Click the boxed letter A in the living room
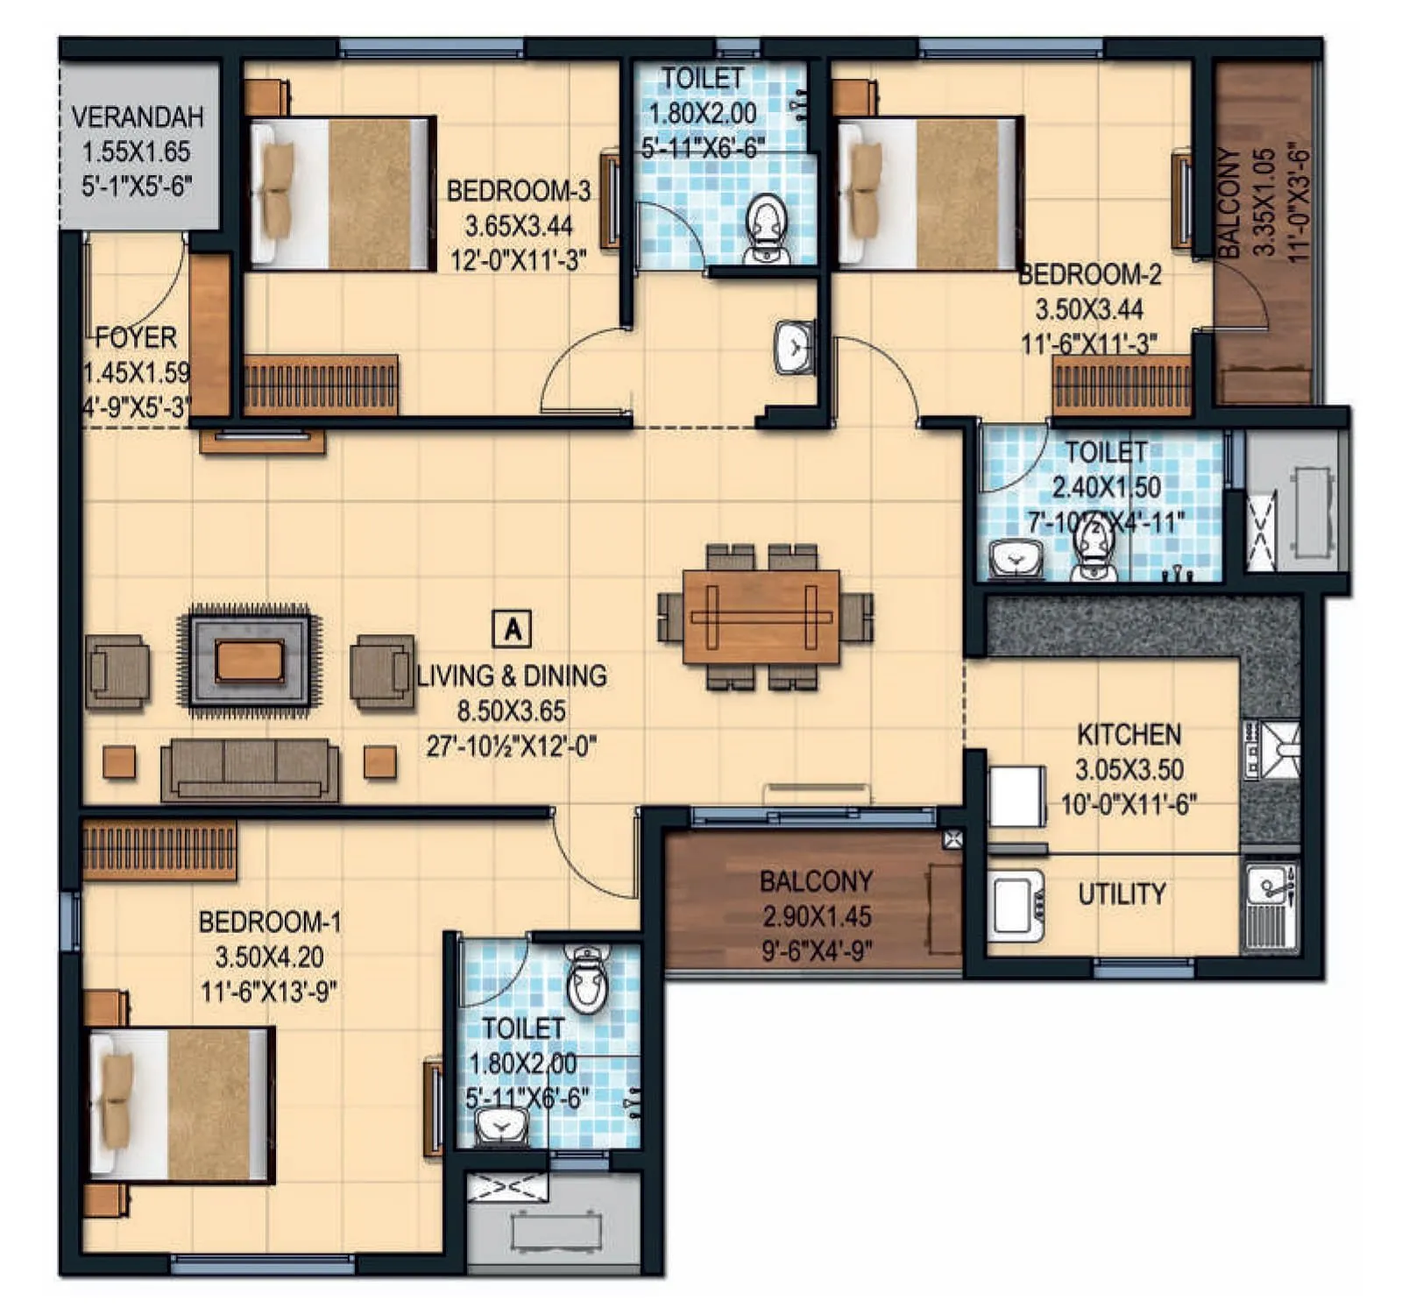coord(513,629)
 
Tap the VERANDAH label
coord(138,117)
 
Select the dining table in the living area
coord(761,617)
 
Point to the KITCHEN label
coord(1129,734)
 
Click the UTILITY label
coord(1122,894)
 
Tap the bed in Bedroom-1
coord(182,1105)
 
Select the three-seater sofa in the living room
coord(250,768)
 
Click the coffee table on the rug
coord(250,660)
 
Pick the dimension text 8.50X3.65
coord(511,711)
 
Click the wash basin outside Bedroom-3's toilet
coord(794,349)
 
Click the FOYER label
coord(136,337)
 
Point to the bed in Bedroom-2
coord(929,193)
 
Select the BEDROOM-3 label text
coord(519,191)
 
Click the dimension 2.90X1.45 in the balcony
coord(817,917)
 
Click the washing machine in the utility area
coord(1016,905)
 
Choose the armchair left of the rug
coord(117,672)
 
